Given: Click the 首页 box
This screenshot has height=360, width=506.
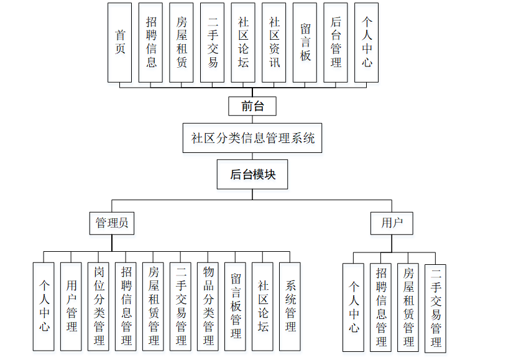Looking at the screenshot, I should pos(119,42).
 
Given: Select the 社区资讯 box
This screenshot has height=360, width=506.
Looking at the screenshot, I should pos(274,42).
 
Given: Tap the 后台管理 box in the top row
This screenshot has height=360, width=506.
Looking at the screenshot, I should pos(336,42).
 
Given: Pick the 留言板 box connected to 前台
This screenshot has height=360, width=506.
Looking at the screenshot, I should pos(305,42).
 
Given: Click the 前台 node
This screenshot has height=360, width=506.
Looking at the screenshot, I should pos(252,106).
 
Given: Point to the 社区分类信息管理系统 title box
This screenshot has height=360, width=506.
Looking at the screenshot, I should pos(252,137).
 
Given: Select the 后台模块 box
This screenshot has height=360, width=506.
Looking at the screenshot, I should pos(252,175).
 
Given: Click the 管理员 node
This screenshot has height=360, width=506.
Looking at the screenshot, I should pos(112,223).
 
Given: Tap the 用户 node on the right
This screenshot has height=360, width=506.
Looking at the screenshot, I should pos(392,223).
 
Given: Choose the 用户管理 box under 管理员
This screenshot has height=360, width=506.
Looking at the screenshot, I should pos(71,306).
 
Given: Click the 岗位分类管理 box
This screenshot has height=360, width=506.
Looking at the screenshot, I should pos(98,306).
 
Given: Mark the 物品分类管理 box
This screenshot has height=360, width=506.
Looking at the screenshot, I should pos(208,306).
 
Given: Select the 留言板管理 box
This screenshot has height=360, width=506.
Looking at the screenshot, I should pos(236,306).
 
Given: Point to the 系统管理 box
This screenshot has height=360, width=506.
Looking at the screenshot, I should pos(290,306).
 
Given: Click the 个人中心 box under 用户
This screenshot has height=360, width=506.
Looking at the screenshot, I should pos(353,308).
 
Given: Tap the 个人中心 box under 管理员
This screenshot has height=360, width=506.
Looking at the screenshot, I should pos(44,306).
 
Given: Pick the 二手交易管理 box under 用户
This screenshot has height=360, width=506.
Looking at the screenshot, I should pos(435,308).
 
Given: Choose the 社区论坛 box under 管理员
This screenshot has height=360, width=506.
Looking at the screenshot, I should pos(263,306).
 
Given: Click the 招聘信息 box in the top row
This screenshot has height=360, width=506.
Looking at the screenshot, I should pos(150,42).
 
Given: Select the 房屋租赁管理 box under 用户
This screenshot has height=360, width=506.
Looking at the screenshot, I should pos(408,308).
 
